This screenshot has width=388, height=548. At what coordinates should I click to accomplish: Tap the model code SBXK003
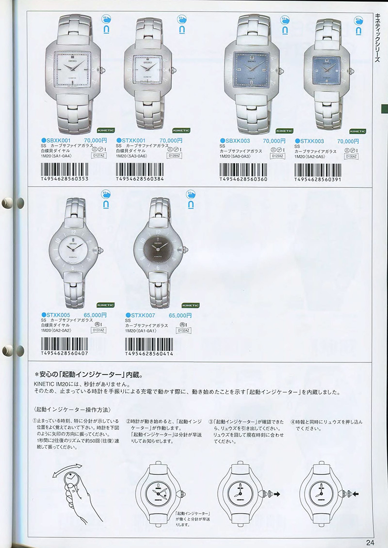(x=238, y=141)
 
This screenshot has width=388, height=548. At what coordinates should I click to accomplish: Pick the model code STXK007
(x=144, y=315)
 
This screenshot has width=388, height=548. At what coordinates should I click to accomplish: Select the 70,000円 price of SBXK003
(x=273, y=141)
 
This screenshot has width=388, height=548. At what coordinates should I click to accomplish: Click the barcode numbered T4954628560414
(x=149, y=344)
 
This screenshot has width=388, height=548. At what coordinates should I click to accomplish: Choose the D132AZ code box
(x=183, y=331)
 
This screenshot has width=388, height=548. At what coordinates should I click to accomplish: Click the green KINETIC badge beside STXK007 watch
(x=190, y=305)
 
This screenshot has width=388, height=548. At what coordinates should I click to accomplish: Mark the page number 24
(x=371, y=542)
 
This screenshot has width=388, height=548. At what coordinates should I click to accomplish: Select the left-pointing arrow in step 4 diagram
(x=356, y=494)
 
